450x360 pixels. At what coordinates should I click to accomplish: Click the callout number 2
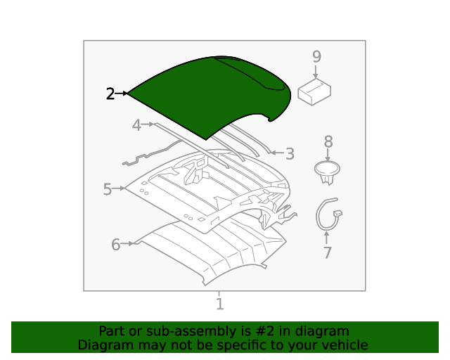[x=110, y=94]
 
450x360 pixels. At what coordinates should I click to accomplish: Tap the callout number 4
[x=137, y=126]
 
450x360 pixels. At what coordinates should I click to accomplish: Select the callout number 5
[x=108, y=189]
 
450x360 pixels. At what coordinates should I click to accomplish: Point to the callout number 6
[x=116, y=245]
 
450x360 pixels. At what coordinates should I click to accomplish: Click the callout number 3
[x=290, y=153]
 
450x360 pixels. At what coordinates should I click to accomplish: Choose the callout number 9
[x=316, y=56]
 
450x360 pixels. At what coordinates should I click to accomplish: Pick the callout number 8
[x=328, y=141]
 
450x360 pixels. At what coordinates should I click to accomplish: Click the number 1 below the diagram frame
[x=220, y=304]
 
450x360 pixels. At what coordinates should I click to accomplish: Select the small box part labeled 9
[x=315, y=92]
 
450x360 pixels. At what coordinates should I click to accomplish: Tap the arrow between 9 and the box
[x=316, y=71]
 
